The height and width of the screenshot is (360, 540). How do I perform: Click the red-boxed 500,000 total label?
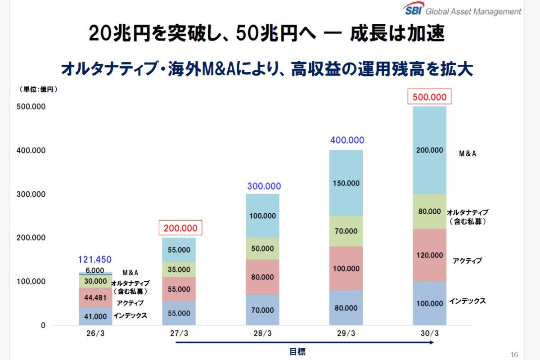click(x=429, y=97)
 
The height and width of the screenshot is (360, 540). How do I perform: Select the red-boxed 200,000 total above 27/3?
click(x=180, y=228)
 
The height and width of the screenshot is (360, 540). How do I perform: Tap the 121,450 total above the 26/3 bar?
click(x=95, y=260)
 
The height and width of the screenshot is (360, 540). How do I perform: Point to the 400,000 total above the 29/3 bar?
click(x=347, y=140)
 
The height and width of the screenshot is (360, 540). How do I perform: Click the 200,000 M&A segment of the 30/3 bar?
click(x=429, y=150)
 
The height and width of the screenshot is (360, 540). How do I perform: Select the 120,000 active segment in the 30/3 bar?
click(x=429, y=255)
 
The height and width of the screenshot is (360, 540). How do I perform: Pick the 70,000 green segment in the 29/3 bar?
click(x=346, y=231)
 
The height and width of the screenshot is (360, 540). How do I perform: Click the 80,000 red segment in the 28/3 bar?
click(x=262, y=277)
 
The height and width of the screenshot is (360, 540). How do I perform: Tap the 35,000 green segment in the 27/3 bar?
click(x=179, y=269)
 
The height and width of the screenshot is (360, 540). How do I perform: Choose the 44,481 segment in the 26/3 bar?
click(x=95, y=297)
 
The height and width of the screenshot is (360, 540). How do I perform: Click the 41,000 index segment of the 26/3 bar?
click(x=95, y=316)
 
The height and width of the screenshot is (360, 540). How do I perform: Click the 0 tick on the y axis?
click(x=43, y=325)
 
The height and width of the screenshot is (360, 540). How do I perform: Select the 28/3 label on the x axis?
click(x=262, y=334)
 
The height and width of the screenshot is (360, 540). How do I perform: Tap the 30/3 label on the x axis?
click(x=429, y=334)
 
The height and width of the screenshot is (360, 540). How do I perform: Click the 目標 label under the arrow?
click(x=297, y=351)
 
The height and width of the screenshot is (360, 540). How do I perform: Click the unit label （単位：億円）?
click(x=38, y=90)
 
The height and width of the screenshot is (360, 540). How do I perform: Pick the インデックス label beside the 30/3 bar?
click(x=467, y=301)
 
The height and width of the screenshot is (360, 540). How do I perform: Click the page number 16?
click(x=515, y=354)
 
